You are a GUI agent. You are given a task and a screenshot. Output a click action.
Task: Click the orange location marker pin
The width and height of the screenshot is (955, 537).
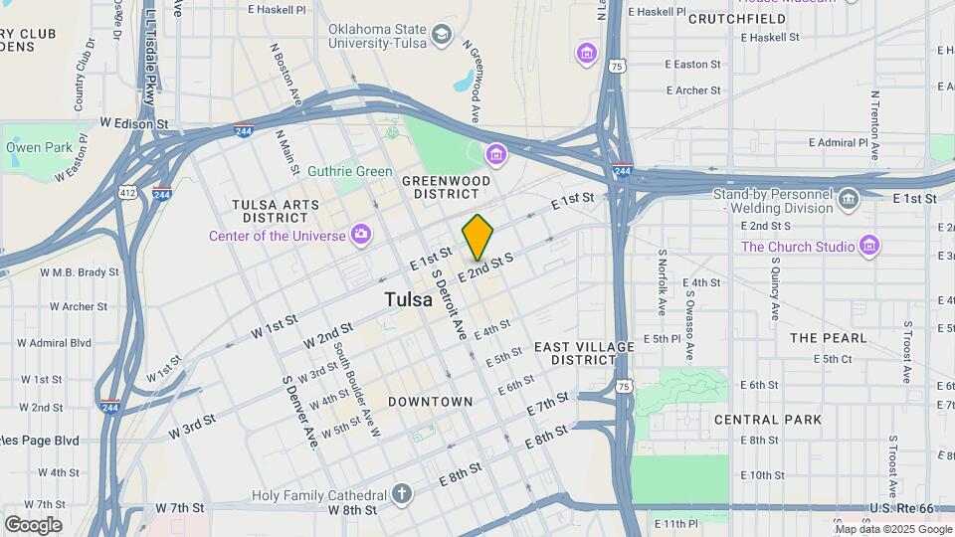point(477,237)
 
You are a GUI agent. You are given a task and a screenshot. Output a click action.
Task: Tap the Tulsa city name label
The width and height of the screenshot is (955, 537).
point(408,299)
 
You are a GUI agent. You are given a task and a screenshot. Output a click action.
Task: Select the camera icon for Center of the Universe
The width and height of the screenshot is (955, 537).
point(360,236)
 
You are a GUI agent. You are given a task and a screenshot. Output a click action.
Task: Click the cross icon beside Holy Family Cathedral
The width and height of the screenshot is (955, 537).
point(401,494)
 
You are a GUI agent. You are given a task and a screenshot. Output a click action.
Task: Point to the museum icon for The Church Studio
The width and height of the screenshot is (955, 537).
point(869,245)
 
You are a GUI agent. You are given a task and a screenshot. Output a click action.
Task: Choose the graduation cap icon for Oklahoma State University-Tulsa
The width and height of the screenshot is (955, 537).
point(440,37)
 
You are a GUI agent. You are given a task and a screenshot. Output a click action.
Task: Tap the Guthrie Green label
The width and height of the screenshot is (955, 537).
point(349,171)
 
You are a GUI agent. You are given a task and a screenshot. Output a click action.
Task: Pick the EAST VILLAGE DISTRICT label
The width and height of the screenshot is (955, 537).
point(584,352)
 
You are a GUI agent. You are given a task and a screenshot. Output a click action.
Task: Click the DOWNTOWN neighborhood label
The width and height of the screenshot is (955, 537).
point(430,402)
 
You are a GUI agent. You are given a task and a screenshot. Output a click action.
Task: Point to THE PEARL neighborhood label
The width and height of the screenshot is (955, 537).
point(829,338)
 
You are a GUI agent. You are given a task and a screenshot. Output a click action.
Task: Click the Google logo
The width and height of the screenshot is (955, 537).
point(33,524)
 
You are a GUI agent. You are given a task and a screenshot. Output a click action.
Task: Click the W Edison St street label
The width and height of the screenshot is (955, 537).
point(133,123)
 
